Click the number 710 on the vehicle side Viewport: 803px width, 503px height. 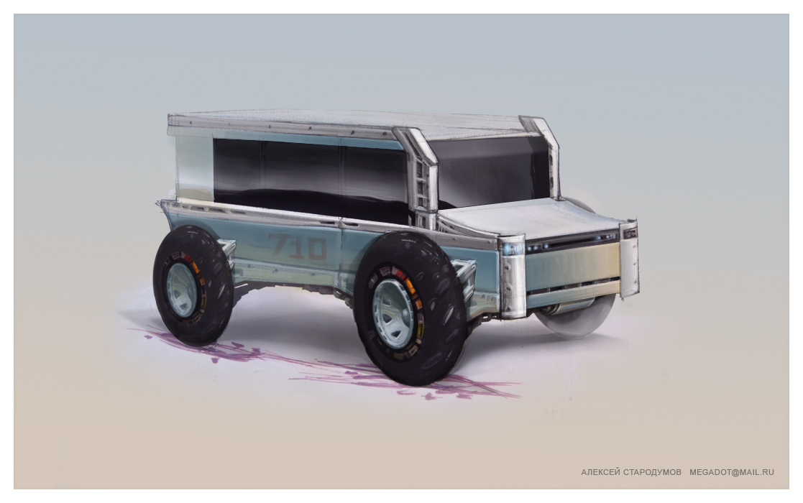tap(298, 246)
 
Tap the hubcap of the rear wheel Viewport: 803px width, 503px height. tap(180, 289)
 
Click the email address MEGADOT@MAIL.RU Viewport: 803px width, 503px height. tap(732, 472)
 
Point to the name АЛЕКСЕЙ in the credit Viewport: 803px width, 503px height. tap(600, 472)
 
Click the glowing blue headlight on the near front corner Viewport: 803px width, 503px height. tap(511, 249)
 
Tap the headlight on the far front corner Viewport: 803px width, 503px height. tap(630, 234)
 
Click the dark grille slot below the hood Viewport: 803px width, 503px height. tap(572, 244)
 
